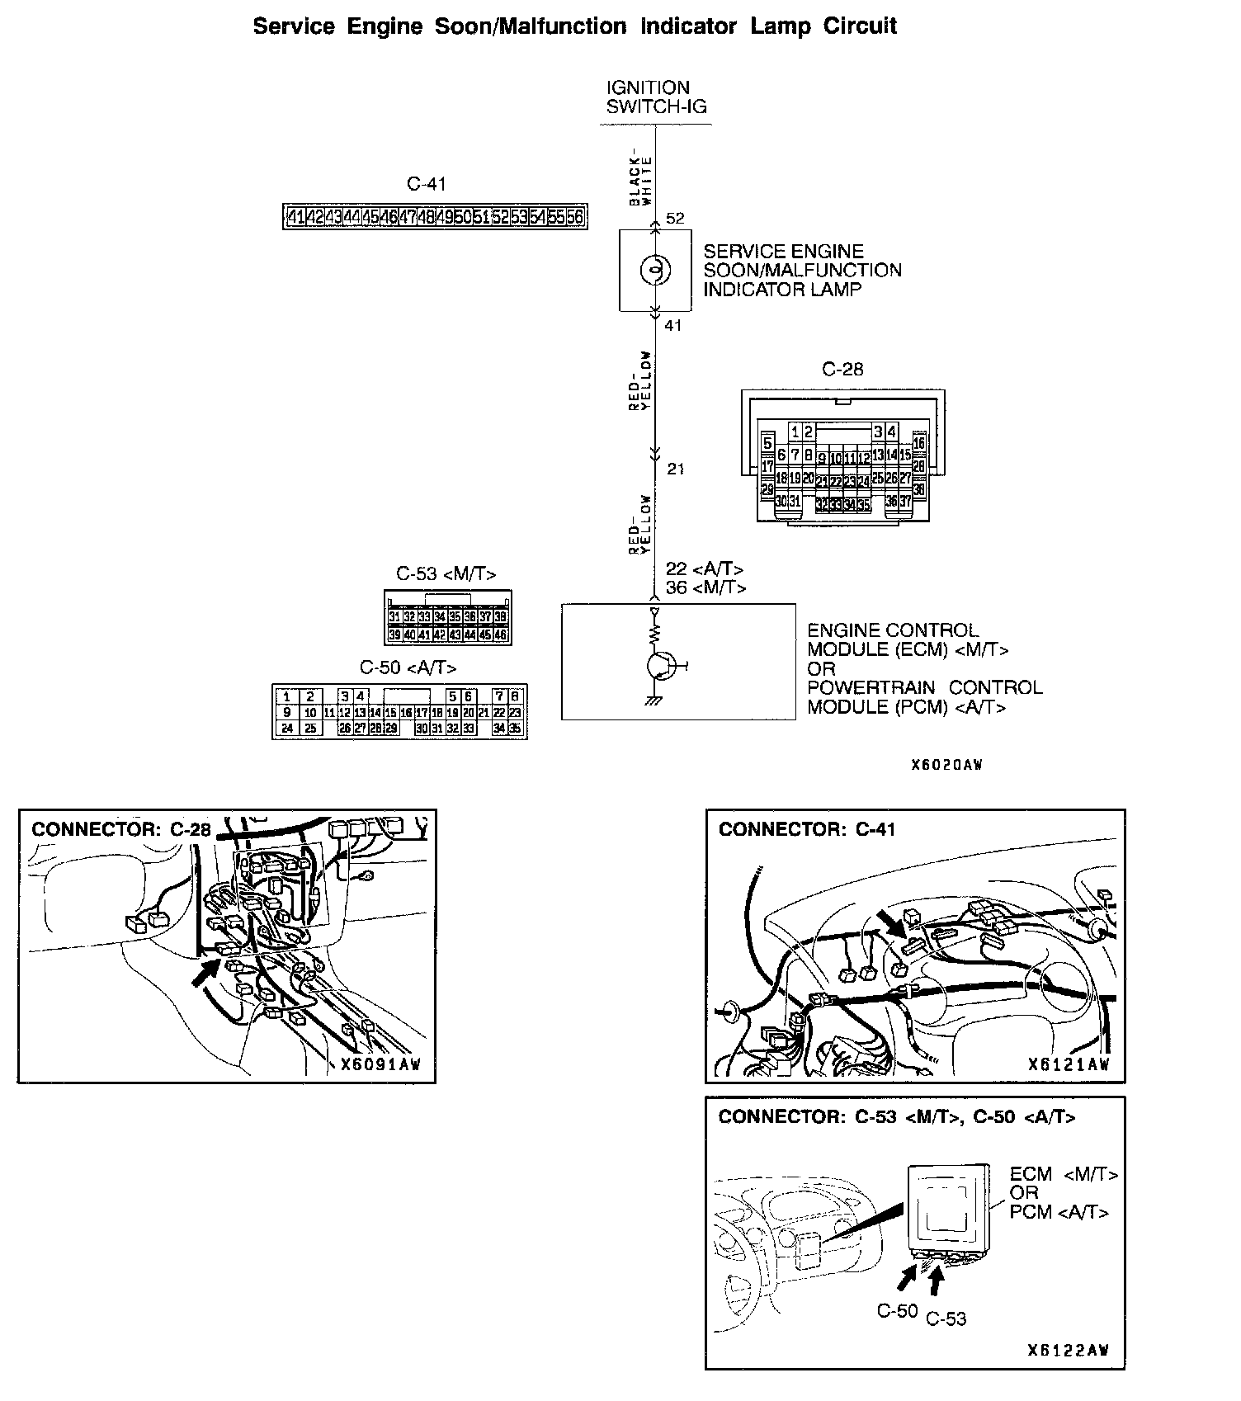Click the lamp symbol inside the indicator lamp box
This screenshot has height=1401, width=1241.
(x=655, y=270)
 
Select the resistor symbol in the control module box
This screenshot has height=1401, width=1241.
(x=655, y=634)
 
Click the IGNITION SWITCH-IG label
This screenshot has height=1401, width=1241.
(x=656, y=97)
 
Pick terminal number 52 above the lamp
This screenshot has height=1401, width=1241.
(x=675, y=219)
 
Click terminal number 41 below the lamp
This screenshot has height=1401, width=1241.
(x=673, y=325)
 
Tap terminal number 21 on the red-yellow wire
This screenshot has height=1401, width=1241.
(x=676, y=469)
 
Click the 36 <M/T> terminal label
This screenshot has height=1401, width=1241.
(x=705, y=587)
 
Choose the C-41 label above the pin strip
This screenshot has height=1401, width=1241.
(x=427, y=184)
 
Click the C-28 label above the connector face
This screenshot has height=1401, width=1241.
(x=842, y=370)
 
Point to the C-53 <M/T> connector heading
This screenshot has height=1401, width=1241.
(x=446, y=573)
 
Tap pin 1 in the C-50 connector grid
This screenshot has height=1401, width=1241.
(x=286, y=696)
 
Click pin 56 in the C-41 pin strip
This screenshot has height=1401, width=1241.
(x=575, y=217)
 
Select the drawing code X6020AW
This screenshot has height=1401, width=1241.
(x=946, y=765)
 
